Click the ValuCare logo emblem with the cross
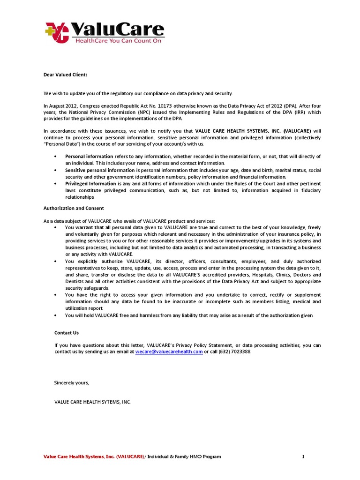tap(56, 32)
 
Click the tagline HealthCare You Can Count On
tap(117, 41)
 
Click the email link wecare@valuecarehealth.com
tap(169, 351)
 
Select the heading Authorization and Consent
tap(74, 208)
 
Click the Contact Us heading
tap(66, 332)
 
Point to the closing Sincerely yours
tap(71, 383)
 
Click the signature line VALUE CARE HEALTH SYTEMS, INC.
tap(92, 402)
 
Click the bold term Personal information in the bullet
tap(89, 156)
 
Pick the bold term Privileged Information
tap(90, 184)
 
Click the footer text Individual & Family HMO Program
tap(184, 457)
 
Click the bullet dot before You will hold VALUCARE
tap(56, 315)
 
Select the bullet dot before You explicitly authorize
tap(56, 261)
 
